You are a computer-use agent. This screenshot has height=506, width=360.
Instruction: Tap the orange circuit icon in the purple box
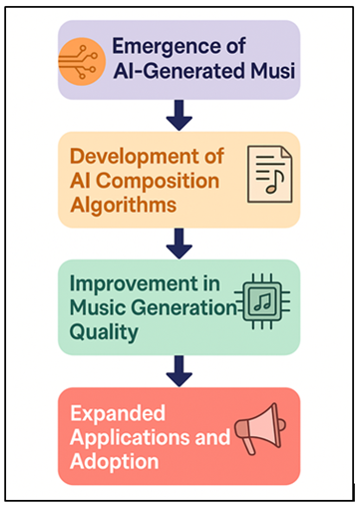[84, 60]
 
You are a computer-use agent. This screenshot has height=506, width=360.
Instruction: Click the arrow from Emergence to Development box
[179, 116]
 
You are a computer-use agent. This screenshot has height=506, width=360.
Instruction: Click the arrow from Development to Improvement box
[179, 242]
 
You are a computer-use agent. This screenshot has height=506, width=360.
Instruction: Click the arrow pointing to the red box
[179, 369]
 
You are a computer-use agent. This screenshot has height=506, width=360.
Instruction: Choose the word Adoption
[114, 461]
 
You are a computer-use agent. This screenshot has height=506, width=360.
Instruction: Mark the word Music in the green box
[98, 306]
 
